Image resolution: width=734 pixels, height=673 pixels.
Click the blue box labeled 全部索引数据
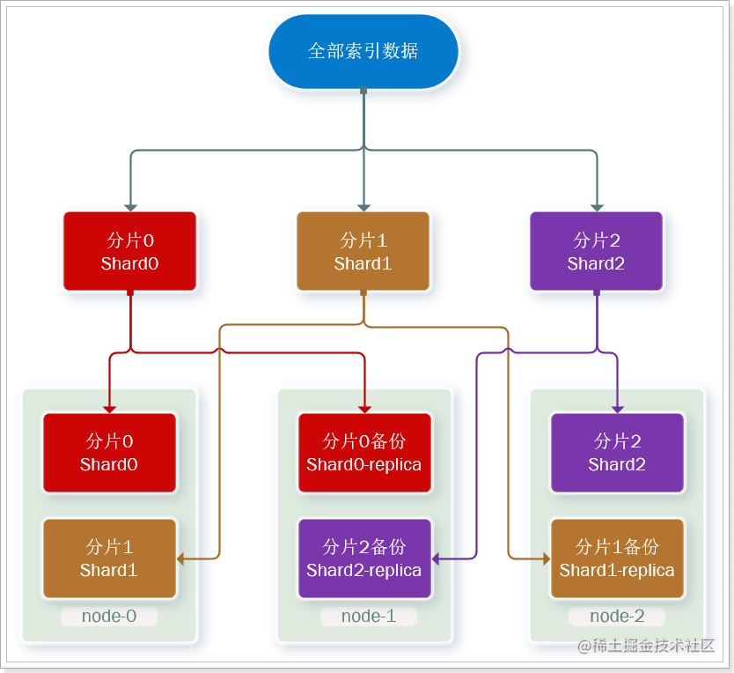pyautogui.click(x=363, y=51)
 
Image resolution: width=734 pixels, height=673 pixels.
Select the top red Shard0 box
pyautogui.click(x=129, y=251)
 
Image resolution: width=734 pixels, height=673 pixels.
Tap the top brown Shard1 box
pyautogui.click(x=363, y=251)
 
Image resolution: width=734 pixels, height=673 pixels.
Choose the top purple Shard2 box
pyautogui.click(x=596, y=251)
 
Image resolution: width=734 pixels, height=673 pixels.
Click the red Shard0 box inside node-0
pyautogui.click(x=109, y=453)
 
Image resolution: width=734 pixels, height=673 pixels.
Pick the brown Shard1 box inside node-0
pyautogui.click(x=109, y=558)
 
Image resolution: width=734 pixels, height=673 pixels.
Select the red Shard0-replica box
pyautogui.click(x=363, y=453)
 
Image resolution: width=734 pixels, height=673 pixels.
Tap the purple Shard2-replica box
pyautogui.click(x=363, y=558)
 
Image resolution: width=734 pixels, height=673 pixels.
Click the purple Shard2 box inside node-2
pyautogui.click(x=617, y=453)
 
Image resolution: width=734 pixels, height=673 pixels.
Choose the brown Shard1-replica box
pyautogui.click(x=617, y=558)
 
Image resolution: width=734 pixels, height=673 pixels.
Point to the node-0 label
pyautogui.click(x=109, y=617)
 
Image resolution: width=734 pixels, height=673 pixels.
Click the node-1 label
pyautogui.click(x=368, y=617)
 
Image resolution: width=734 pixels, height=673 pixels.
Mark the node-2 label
pyautogui.click(x=617, y=617)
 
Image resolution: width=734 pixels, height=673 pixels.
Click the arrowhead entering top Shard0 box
pyautogui.click(x=130, y=207)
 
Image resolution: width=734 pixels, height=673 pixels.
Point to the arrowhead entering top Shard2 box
pyautogui.click(x=597, y=207)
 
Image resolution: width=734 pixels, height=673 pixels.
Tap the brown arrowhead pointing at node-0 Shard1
pyautogui.click(x=181, y=558)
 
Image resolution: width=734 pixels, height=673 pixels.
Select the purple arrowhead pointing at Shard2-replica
pyautogui.click(x=437, y=558)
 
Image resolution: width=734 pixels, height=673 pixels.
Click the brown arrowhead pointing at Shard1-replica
pyautogui.click(x=545, y=558)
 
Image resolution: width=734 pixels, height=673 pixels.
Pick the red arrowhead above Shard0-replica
pyautogui.click(x=363, y=409)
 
